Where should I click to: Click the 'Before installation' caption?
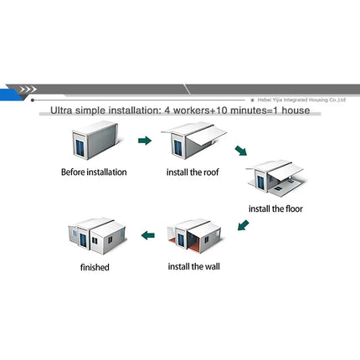(94, 172)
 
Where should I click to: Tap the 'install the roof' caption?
(193, 172)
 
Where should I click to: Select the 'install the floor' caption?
(275, 208)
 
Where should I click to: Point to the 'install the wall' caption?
(193, 266)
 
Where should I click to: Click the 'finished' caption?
(95, 267)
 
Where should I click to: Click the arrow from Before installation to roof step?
(145, 141)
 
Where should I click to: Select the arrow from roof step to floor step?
(241, 151)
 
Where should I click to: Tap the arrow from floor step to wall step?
(243, 225)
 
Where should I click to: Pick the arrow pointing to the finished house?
(148, 235)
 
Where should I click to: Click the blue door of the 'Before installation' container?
(80, 148)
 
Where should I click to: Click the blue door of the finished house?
(83, 240)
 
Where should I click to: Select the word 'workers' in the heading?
(191, 111)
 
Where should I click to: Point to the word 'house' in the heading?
(296, 111)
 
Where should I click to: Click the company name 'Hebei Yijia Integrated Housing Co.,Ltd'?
(301, 100)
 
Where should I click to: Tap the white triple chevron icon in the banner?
(28, 90)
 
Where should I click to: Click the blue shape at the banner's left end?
(11, 95)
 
